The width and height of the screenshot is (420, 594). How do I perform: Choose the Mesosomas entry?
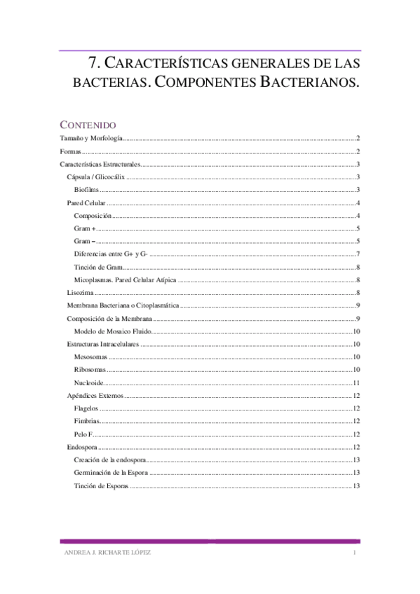pyautogui.click(x=90, y=357)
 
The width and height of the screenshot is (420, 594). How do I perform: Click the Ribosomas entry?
pyautogui.click(x=90, y=370)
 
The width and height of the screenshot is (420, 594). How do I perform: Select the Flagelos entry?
pyautogui.click(x=86, y=408)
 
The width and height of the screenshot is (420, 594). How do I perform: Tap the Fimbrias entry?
pyautogui.click(x=87, y=421)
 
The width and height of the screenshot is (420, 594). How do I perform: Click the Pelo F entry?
pyautogui.click(x=83, y=434)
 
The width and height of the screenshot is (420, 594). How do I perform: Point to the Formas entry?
pyautogui.click(x=71, y=151)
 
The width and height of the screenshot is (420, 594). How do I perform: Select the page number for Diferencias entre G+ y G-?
pyautogui.click(x=358, y=254)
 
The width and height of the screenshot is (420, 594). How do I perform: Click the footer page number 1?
pyautogui.click(x=355, y=553)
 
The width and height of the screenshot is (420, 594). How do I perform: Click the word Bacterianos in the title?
pyautogui.click(x=309, y=82)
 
